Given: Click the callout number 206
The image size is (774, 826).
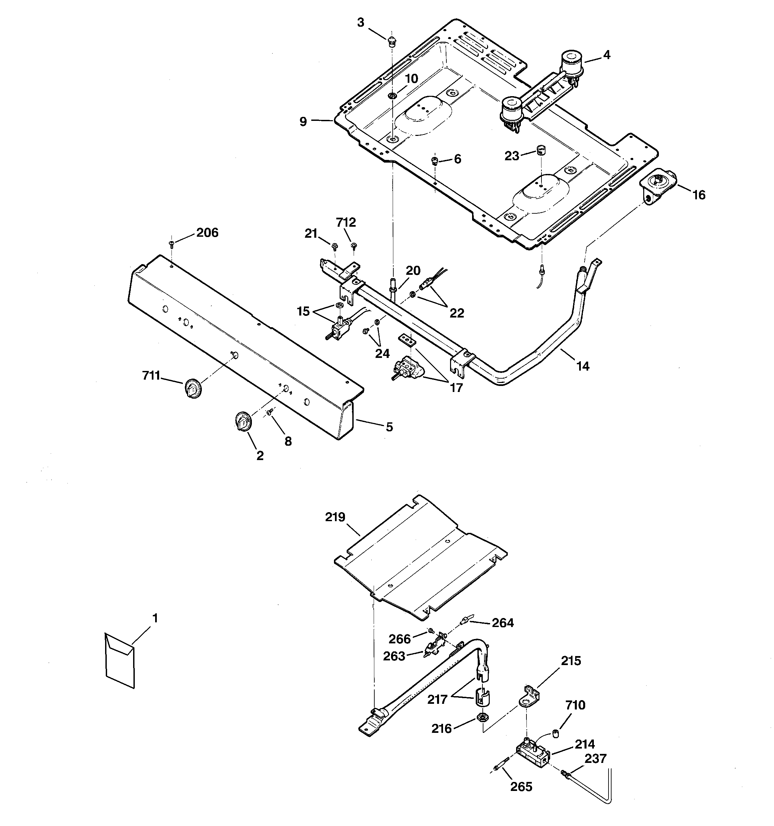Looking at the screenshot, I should [207, 233].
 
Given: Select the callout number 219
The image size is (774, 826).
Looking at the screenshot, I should [335, 517].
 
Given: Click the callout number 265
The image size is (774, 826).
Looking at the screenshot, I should [521, 787].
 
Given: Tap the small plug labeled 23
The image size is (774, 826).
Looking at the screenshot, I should [541, 150].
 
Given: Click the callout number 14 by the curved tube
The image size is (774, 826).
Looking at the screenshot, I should [583, 366].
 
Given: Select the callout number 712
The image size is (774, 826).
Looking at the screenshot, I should [346, 223].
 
